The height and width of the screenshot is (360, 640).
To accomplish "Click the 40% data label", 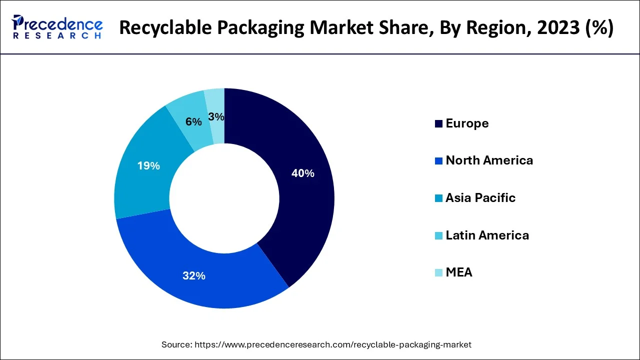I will tap(303, 173).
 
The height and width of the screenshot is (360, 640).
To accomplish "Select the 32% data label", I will tap(193, 275).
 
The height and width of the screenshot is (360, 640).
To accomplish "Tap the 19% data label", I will tap(148, 166).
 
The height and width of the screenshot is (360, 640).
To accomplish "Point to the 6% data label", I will tap(193, 121).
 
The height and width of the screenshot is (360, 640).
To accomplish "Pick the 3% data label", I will tap(216, 116).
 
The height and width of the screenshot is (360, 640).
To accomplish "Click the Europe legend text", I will tap(467, 123).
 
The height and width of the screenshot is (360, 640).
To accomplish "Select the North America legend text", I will tap(489, 160).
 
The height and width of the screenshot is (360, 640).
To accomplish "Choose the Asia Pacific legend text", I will tap(480, 198).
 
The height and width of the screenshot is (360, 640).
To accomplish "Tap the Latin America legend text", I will tap(487, 235).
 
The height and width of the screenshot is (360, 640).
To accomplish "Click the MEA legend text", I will tap(458, 272).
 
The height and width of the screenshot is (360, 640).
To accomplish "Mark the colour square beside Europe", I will tap(438, 124).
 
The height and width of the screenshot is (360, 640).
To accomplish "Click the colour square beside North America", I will tap(438, 161).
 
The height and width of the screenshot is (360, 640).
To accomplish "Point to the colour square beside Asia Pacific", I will tap(438, 198).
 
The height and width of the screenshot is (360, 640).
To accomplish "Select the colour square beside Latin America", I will tap(438, 235).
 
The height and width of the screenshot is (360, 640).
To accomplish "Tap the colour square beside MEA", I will tap(438, 273).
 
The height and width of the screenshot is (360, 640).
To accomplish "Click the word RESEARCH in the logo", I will tap(57, 36).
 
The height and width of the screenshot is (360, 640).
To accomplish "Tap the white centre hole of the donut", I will tap(224, 198).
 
